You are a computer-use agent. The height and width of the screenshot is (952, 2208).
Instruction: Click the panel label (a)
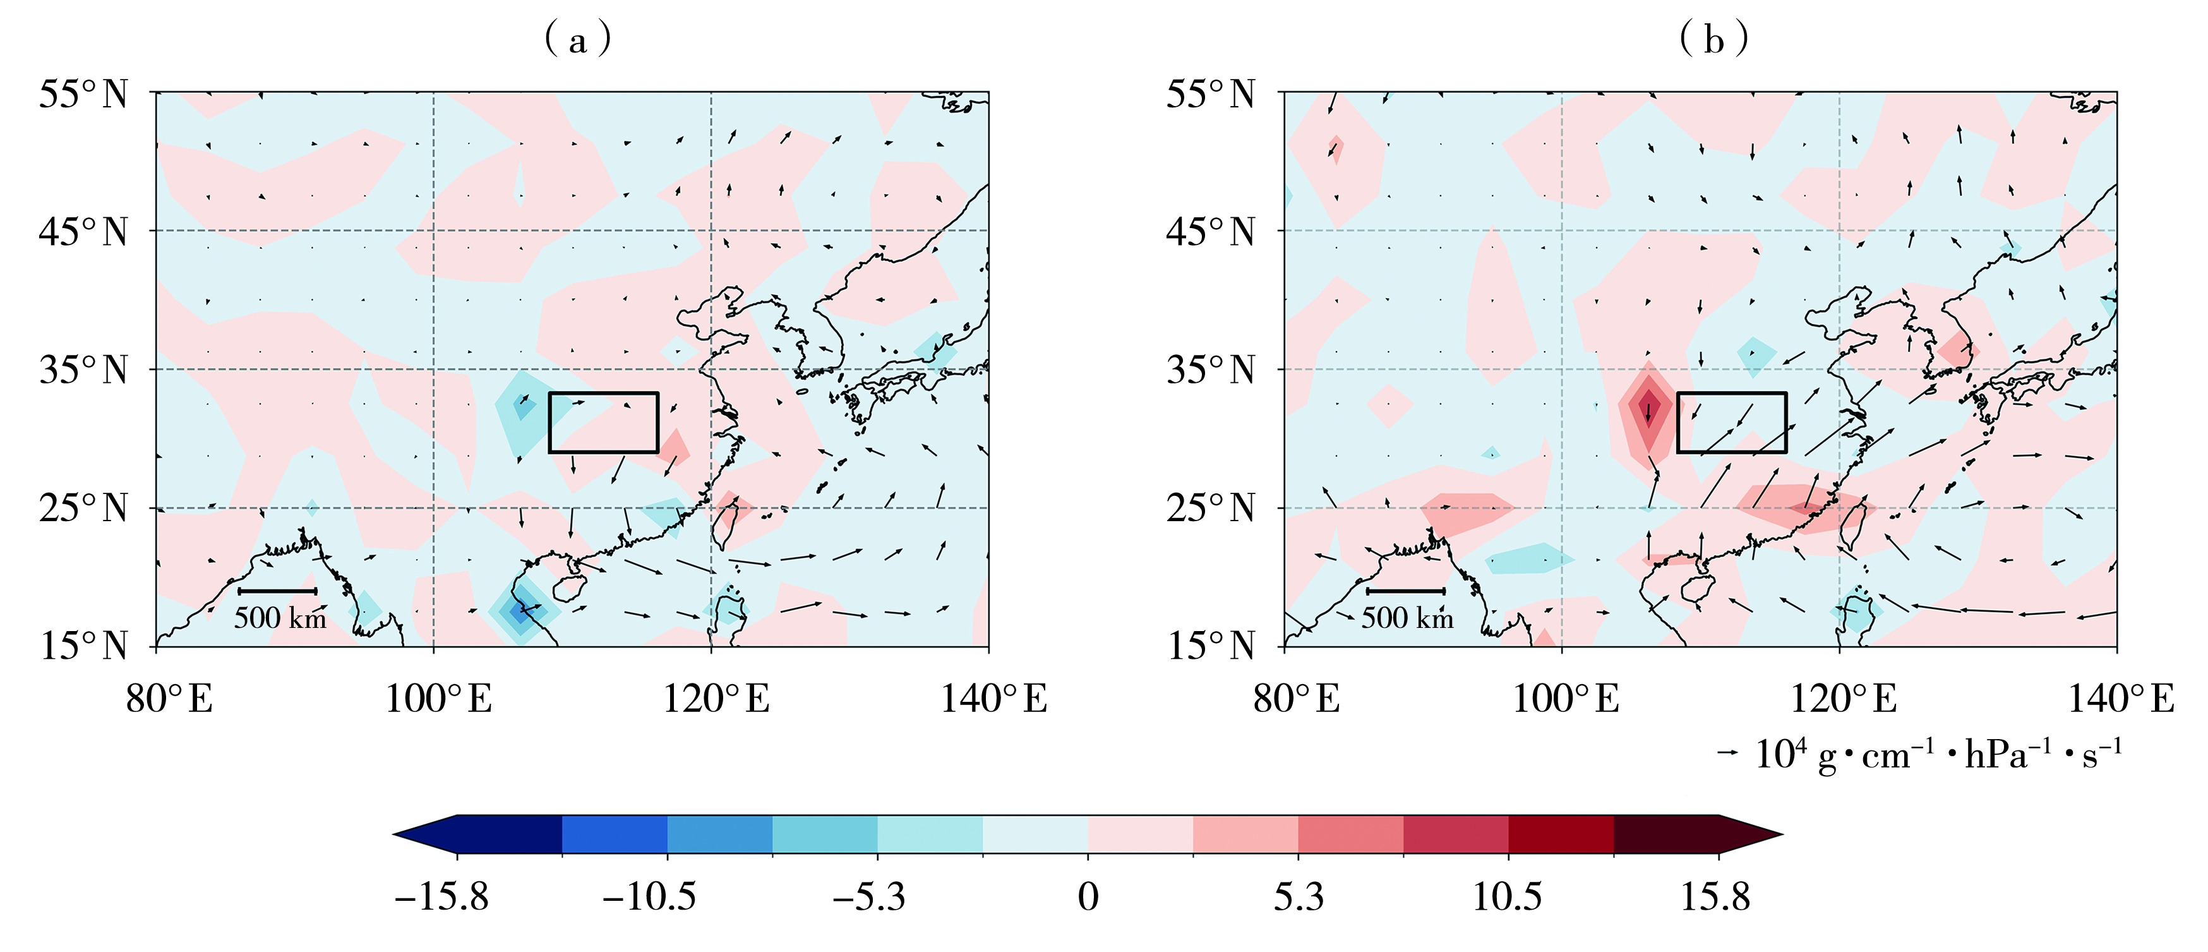tap(578, 39)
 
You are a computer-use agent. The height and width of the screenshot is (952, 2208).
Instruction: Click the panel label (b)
tap(1713, 39)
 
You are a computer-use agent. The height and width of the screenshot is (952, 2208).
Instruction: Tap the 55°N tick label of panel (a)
tap(83, 93)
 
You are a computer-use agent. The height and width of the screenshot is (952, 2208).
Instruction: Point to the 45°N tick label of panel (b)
tap(1210, 232)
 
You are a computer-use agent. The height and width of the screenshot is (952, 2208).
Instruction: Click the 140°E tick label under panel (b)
tap(2121, 699)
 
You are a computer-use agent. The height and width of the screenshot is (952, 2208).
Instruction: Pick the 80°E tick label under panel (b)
tap(1296, 699)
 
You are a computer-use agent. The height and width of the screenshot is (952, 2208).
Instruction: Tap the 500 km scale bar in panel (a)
tap(278, 591)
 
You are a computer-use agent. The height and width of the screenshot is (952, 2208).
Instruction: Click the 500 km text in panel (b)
tap(1407, 618)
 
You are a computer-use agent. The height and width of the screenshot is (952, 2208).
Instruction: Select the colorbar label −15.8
tap(441, 897)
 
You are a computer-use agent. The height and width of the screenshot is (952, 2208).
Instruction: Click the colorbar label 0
tap(1088, 897)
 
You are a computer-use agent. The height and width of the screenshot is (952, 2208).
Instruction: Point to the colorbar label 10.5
tap(1507, 897)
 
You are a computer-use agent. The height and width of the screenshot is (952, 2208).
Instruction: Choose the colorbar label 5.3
tap(1298, 897)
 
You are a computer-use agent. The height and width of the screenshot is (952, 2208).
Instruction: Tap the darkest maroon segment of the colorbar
tap(1671, 835)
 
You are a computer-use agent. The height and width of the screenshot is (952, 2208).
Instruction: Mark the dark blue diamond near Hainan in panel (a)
tap(519, 612)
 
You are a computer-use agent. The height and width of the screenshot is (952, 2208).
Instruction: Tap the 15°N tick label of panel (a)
tap(83, 646)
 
